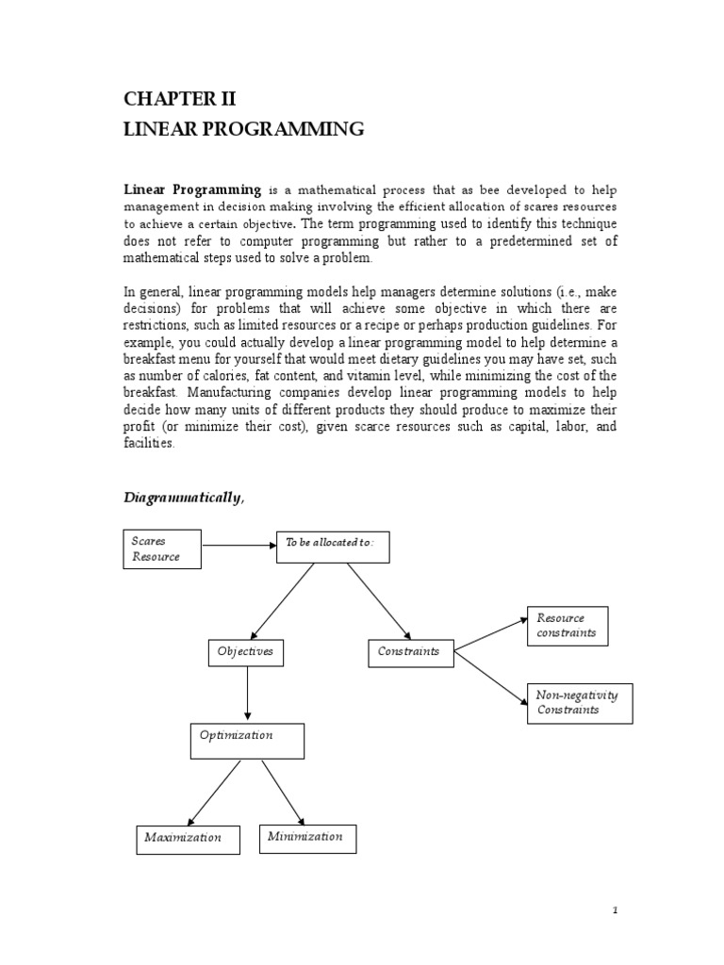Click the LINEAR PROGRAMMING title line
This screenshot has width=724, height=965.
[x=243, y=130]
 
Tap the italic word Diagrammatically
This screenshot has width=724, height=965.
[x=183, y=499]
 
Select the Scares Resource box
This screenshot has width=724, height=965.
[x=163, y=548]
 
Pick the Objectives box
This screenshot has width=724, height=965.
[x=245, y=651]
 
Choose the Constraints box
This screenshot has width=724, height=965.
[x=408, y=651]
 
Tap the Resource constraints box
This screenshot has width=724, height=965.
[x=568, y=626]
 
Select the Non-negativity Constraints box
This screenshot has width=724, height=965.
[x=579, y=703]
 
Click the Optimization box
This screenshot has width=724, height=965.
[x=246, y=741]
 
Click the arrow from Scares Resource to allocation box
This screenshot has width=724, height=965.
[x=238, y=545]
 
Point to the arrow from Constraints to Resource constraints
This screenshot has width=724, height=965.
[x=489, y=633]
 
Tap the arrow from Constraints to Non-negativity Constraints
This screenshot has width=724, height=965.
[x=490, y=674]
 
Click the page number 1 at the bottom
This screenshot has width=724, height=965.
[x=614, y=910]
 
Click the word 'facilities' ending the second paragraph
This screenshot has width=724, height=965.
[x=149, y=444]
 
